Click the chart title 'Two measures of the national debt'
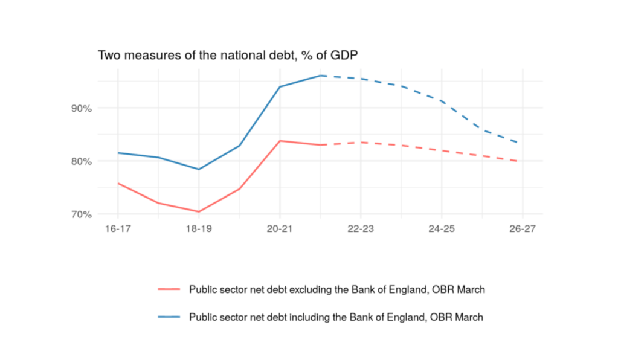[x=228, y=56]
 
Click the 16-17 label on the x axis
[x=117, y=230]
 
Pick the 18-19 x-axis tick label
[x=199, y=230]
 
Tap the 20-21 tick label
[x=280, y=230]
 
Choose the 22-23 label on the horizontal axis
[x=361, y=230]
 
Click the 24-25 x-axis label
[x=442, y=230]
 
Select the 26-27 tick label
[x=523, y=230]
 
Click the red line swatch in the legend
[x=169, y=289]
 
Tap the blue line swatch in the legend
[x=169, y=317]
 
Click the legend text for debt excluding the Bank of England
[x=336, y=289]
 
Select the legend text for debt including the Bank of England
[x=336, y=317]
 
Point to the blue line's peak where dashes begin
[x=321, y=76]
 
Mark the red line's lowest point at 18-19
[x=199, y=212]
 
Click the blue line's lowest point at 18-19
[x=199, y=169]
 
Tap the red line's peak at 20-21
[x=280, y=141]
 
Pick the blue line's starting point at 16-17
[x=118, y=153]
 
